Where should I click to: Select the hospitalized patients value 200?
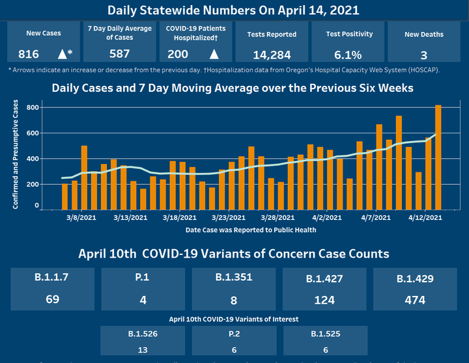click(177, 54)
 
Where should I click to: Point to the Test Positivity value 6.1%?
click(348, 55)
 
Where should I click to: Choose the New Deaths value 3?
click(423, 55)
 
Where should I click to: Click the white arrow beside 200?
click(214, 54)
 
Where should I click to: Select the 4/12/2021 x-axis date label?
click(425, 218)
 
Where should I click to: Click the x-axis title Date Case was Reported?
click(251, 230)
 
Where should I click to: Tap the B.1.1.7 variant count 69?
click(51, 299)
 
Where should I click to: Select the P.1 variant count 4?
click(142, 299)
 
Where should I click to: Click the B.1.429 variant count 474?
click(414, 300)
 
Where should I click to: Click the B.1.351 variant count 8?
click(233, 300)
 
